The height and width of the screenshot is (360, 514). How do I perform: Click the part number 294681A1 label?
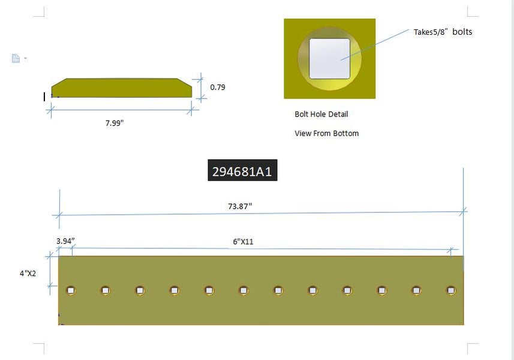pos(242,171)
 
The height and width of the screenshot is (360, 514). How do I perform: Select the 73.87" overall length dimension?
pos(240,206)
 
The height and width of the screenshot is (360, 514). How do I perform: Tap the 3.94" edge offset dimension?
pos(65,241)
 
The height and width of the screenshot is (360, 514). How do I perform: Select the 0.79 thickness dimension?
pos(218,87)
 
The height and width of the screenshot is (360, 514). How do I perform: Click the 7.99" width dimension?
pos(115,123)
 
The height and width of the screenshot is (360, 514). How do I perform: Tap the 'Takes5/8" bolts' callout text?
pos(443,32)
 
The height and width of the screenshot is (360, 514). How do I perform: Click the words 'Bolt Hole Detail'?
pos(321,114)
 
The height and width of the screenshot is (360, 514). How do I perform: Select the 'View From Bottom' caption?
pos(326,133)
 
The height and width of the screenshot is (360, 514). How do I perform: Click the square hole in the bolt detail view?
pos(329,58)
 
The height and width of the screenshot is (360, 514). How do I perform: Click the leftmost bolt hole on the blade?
pos(71,290)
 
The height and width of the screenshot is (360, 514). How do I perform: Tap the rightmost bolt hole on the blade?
pos(451,290)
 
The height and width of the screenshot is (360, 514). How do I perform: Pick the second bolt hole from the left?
pos(106,290)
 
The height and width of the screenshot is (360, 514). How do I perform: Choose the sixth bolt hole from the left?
pos(244,290)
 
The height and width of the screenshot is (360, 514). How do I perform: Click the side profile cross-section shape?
pos(121,88)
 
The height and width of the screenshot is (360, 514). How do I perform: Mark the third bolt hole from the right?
pos(382,290)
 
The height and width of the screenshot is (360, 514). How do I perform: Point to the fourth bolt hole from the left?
pos(175,290)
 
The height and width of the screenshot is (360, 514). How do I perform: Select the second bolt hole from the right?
pos(416,290)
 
